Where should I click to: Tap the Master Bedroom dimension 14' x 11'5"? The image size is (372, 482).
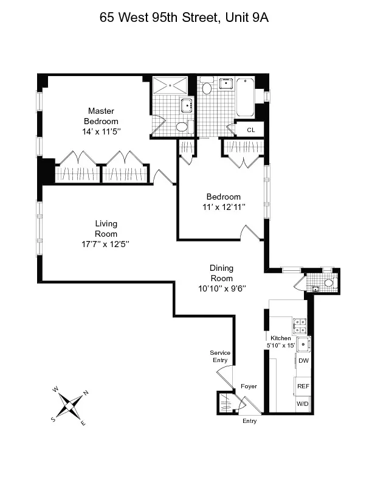coord(101,131)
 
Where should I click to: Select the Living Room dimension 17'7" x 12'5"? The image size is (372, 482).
coord(106,243)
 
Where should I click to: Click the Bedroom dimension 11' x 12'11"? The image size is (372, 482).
coord(224,207)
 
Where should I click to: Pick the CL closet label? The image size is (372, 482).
coord(250,130)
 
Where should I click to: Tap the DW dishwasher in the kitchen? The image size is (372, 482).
coord(303,361)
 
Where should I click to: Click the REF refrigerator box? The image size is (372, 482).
coord(303,386)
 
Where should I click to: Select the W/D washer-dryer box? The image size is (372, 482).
coord(303,403)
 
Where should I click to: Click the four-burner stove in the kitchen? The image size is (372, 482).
coord(299,326)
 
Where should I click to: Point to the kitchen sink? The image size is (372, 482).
coord(304,345)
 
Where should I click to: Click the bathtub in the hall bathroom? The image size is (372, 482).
coord(245,97)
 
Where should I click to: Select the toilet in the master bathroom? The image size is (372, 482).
coord(182,127)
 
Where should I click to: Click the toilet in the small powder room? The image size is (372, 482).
coord(328,283)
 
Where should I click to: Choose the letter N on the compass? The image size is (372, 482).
coord(86,393)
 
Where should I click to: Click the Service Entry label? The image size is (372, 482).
coord(219,357)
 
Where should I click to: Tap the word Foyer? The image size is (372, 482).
coord(249,386)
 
